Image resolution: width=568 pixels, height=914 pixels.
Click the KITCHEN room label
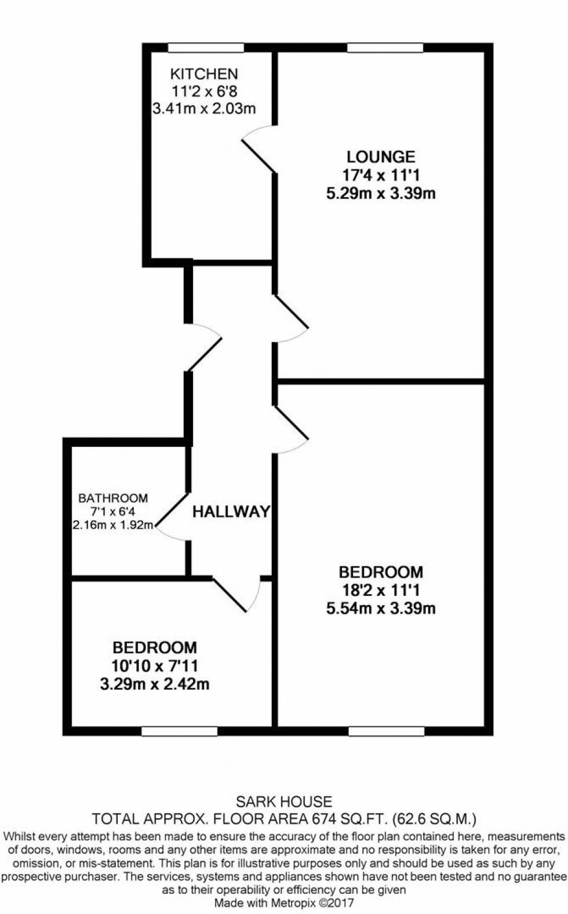tap(203, 74)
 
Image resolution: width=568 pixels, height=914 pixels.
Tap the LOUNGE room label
tap(381, 156)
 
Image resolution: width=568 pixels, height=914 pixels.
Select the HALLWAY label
tap(231, 511)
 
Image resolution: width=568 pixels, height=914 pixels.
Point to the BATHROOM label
tap(113, 498)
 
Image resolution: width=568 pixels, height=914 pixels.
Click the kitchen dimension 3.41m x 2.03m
tap(203, 108)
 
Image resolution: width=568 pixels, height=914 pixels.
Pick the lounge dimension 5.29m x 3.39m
tap(381, 193)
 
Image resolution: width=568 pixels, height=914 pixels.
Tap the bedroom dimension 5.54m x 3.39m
tap(381, 608)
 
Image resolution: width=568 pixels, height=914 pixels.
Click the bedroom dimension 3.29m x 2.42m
tap(154, 684)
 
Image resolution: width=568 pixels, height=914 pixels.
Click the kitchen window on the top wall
tap(206, 48)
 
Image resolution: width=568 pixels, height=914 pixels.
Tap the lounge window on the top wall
tap(385, 48)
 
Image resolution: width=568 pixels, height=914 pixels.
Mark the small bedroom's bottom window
tap(179, 731)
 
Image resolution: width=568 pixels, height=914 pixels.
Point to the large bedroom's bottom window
tap(386, 731)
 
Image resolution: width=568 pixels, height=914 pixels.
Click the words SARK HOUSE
tap(284, 802)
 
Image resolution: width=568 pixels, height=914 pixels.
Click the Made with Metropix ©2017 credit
tap(284, 903)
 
